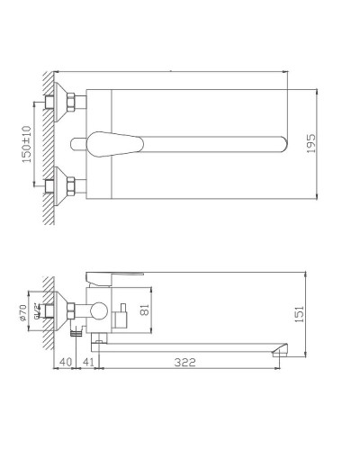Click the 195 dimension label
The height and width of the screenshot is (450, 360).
[311, 145]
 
